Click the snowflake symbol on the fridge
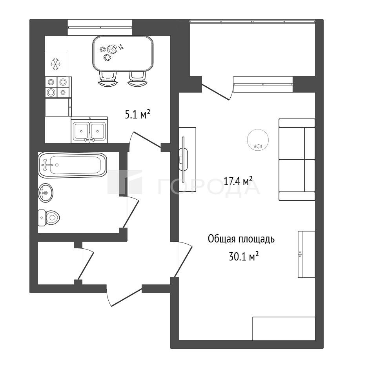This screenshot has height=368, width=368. [x=56, y=64]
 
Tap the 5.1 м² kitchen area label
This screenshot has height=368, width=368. [x=138, y=115]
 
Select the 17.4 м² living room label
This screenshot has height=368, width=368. [x=238, y=181]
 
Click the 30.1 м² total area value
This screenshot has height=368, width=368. [x=244, y=257]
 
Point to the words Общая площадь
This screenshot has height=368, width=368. [x=241, y=239]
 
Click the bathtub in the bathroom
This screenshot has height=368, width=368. [x=73, y=165]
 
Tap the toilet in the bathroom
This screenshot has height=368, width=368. [x=49, y=218]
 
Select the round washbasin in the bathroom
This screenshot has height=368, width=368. [x=46, y=193]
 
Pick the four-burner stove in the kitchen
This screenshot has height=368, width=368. [x=58, y=87]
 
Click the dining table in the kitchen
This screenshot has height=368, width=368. [x=123, y=54]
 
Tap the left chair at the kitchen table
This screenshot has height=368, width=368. [x=108, y=79]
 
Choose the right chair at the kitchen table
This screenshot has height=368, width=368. [x=137, y=79]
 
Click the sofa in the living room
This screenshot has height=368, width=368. [x=297, y=160]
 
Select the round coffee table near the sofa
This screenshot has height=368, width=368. [x=258, y=140]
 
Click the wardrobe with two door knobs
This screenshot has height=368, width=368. [x=306, y=254]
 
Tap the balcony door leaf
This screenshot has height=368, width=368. [x=216, y=93]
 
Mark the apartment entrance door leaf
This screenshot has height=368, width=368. [x=126, y=296]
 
